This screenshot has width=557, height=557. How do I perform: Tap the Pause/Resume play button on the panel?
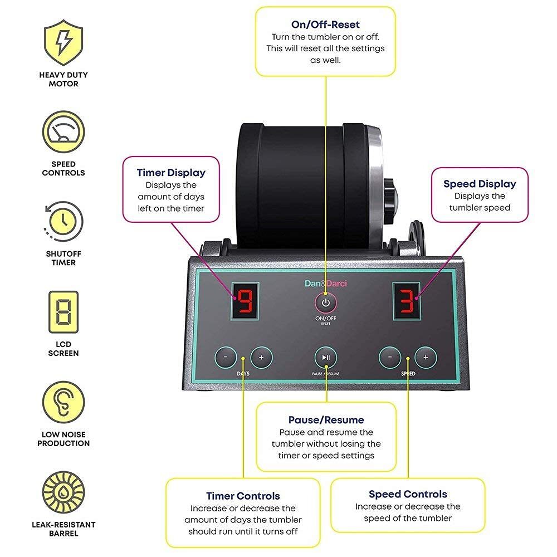[x=326, y=358]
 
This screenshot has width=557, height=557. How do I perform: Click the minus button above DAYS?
[x=226, y=356]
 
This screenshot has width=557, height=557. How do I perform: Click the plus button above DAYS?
[x=261, y=356]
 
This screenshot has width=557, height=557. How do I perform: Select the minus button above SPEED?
[x=390, y=357]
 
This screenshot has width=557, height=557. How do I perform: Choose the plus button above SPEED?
[x=426, y=357]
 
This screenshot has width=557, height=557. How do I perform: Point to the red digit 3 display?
[x=406, y=301]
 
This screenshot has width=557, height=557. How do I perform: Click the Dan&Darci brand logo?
[x=326, y=284]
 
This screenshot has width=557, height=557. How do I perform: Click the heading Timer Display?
[x=171, y=173]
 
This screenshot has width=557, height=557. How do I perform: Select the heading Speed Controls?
[x=408, y=494]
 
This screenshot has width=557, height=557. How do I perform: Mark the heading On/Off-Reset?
[x=325, y=25]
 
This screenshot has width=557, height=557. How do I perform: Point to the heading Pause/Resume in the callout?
[x=326, y=420]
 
